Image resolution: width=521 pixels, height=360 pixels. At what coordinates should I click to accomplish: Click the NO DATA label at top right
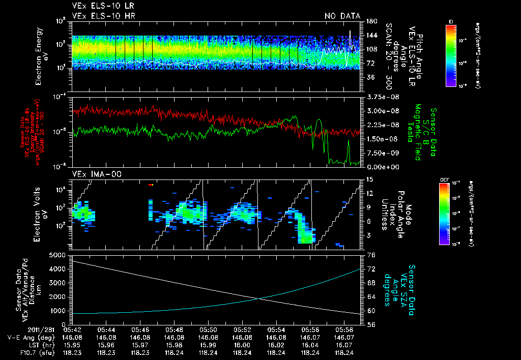coord(342,16)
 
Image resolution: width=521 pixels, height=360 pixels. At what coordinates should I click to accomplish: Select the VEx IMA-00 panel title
coord(93,174)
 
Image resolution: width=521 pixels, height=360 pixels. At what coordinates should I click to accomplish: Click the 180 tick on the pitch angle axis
coord(371,21)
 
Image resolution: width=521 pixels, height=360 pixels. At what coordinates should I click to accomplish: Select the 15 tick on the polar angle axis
coord(369,179)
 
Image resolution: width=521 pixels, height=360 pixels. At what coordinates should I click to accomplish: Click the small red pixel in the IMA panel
coord(151,185)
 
